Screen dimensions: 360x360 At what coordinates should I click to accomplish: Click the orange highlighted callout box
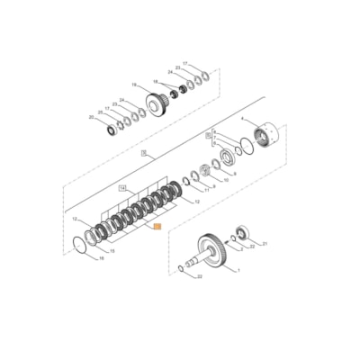click(x=157, y=229)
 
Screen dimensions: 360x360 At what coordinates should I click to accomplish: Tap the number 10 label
click(x=227, y=180)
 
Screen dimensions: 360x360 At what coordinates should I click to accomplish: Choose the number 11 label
click(x=207, y=191)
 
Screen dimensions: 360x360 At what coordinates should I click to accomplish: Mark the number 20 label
click(x=91, y=117)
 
